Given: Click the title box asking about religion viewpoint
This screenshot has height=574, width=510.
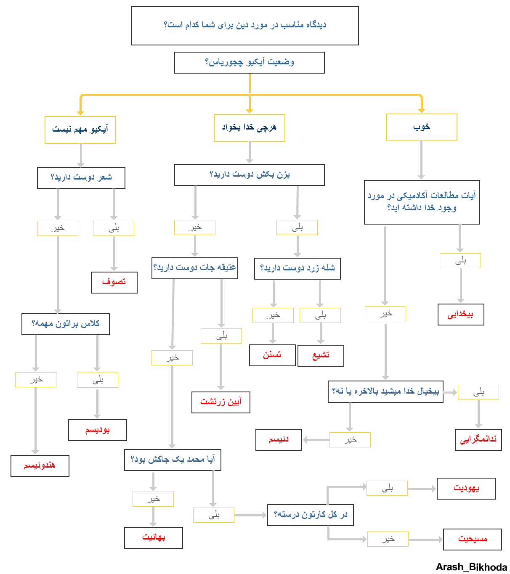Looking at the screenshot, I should [x=244, y=25].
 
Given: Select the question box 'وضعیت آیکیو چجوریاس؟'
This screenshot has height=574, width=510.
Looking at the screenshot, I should [x=249, y=63].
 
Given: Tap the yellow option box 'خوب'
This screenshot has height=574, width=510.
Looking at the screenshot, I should [x=421, y=127].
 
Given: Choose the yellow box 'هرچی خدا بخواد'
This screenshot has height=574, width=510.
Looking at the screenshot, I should [x=249, y=127].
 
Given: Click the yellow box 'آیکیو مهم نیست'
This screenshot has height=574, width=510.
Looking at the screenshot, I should [x=80, y=130].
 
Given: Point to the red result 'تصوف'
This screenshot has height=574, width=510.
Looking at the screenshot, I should [x=114, y=282].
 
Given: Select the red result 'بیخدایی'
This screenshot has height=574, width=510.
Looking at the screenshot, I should [x=460, y=315].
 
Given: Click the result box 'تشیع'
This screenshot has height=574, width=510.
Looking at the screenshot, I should [x=321, y=355].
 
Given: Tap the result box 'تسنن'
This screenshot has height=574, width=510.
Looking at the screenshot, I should [x=272, y=355].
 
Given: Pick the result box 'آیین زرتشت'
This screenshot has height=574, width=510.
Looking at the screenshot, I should [x=220, y=402].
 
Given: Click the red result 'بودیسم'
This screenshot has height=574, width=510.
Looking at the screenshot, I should [x=97, y=430].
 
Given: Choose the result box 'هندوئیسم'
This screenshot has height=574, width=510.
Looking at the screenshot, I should [x=40, y=466].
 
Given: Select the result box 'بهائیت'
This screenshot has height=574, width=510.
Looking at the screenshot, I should [x=153, y=537].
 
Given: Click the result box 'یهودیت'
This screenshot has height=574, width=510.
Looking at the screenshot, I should [x=466, y=488].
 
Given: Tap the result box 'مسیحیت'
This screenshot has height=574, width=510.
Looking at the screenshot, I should [x=472, y=539].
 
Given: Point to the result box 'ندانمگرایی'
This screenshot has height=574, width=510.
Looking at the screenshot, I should [x=478, y=439].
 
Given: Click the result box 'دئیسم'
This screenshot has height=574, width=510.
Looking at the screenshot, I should [x=279, y=440].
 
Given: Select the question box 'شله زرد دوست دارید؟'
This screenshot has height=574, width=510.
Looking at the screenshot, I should [x=297, y=268].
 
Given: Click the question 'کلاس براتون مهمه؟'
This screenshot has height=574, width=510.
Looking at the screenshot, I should [x=65, y=324].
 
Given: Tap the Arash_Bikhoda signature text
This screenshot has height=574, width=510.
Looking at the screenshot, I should [x=471, y=567].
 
